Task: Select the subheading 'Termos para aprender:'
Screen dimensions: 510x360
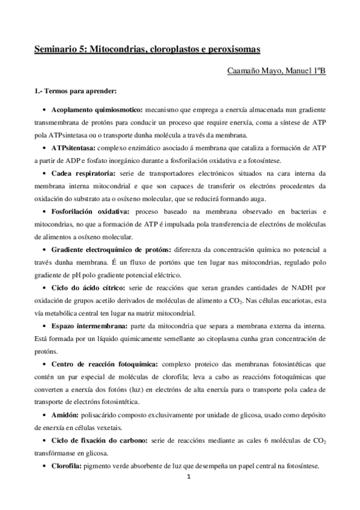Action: click(79, 91)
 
